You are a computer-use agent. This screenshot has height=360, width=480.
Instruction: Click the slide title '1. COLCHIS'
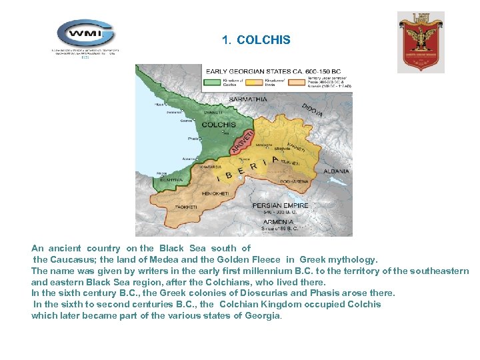click(256, 40)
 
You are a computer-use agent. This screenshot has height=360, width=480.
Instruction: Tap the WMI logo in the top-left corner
click(85, 33)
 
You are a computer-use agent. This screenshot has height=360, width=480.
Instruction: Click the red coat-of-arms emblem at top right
click(420, 41)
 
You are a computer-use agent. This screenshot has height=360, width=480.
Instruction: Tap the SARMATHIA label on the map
click(248, 99)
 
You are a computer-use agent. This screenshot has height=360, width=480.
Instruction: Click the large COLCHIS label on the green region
click(219, 125)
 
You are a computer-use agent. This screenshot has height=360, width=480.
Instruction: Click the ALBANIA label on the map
click(336, 171)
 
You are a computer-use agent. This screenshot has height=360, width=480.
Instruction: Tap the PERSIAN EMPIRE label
click(280, 206)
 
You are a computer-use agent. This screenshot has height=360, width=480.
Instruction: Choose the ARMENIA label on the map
click(279, 221)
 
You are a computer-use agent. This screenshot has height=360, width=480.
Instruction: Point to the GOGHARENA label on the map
click(294, 181)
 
